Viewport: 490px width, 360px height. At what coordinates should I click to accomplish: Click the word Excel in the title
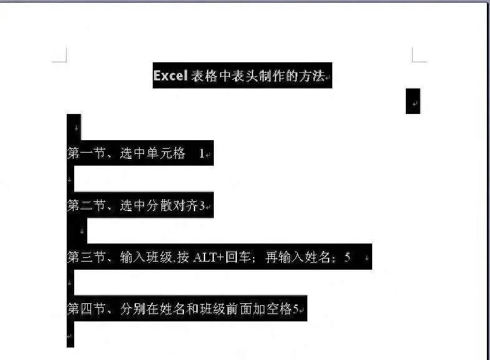point(170,76)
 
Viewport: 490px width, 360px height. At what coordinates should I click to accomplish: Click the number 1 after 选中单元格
point(201,153)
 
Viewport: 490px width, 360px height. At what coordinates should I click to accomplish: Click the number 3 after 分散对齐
point(202,206)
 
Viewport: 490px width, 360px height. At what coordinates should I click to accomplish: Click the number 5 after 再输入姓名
point(347,257)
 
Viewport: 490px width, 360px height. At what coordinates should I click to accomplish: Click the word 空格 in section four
point(279,309)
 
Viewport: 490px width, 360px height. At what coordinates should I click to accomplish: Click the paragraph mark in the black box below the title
point(414,102)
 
